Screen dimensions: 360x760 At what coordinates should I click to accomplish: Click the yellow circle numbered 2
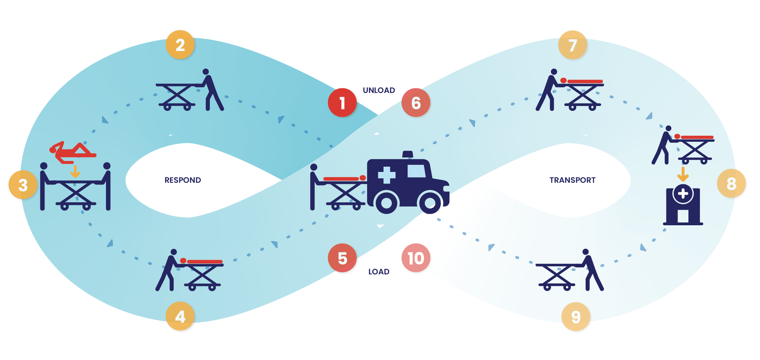180,45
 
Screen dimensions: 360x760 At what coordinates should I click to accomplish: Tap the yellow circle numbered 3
23,185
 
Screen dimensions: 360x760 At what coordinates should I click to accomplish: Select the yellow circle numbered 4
180,316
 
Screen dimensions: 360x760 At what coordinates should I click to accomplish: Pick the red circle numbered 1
342,102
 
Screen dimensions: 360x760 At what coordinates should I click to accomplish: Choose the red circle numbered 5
342,258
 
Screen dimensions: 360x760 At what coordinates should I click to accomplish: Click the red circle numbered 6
416,102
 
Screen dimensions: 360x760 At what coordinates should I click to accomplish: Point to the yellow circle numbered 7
573,45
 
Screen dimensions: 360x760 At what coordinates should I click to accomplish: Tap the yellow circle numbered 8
731,184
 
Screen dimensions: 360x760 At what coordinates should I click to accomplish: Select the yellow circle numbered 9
576,317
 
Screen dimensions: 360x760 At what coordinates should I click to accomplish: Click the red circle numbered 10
416,258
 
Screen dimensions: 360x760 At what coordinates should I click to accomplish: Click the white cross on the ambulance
387,175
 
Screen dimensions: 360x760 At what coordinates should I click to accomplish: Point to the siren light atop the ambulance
407,154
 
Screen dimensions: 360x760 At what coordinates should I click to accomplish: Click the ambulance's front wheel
430,202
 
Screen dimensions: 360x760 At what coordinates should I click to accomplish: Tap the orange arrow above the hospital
682,174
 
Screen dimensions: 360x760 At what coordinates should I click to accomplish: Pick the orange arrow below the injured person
75,172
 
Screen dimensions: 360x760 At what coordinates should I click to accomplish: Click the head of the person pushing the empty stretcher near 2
206,72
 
